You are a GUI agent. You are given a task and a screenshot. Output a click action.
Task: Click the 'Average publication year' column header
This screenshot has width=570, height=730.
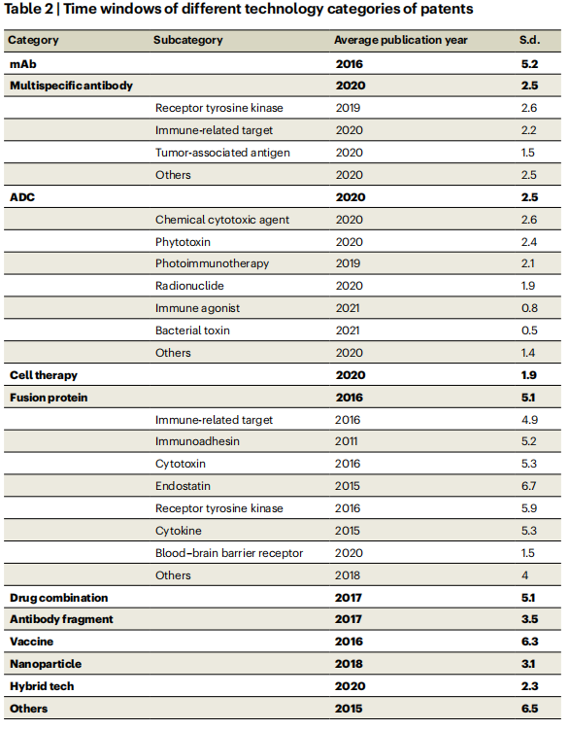coord(400,40)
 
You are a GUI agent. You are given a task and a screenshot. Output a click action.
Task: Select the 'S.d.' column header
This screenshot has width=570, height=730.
coord(529,40)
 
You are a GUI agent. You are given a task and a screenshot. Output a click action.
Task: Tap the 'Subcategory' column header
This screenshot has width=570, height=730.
coord(187,40)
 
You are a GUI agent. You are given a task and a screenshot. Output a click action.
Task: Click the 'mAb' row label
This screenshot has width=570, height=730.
coord(22,64)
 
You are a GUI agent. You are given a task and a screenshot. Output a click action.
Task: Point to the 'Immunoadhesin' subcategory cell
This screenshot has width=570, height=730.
coord(197,441)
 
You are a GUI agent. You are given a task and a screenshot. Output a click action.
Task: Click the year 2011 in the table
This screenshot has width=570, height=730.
coord(347,441)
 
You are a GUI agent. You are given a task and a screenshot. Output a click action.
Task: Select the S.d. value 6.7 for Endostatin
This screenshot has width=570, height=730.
coord(528,486)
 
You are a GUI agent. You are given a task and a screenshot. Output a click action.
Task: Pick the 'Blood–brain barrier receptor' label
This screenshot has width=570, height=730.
coord(229,553)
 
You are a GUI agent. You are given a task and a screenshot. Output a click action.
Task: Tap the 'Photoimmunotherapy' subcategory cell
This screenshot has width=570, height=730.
coord(212,263)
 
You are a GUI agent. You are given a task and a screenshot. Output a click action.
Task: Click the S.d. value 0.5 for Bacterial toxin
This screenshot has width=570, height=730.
coord(529,330)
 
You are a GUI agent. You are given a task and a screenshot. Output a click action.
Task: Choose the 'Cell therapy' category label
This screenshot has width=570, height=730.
coord(44,375)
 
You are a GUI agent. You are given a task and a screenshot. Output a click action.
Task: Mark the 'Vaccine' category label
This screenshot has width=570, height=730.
coord(32,642)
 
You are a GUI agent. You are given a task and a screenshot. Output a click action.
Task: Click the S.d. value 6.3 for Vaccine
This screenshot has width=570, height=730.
coord(529,642)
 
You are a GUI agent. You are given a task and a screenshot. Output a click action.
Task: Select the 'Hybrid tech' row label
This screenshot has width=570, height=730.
coord(42,686)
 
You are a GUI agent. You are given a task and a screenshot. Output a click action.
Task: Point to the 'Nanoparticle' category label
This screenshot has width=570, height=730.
coord(46,664)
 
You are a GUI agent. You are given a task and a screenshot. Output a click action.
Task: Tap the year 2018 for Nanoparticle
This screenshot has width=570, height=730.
coord(349,664)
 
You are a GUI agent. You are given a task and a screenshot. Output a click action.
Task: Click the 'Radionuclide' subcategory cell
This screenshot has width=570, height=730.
coord(189,286)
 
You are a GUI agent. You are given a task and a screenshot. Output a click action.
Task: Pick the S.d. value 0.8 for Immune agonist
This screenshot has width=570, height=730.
coord(529,308)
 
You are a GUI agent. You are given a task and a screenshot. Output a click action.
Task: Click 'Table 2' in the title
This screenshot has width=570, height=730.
coord(28,9)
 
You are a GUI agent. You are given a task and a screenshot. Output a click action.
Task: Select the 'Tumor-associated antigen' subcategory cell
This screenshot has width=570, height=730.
coord(222,153)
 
